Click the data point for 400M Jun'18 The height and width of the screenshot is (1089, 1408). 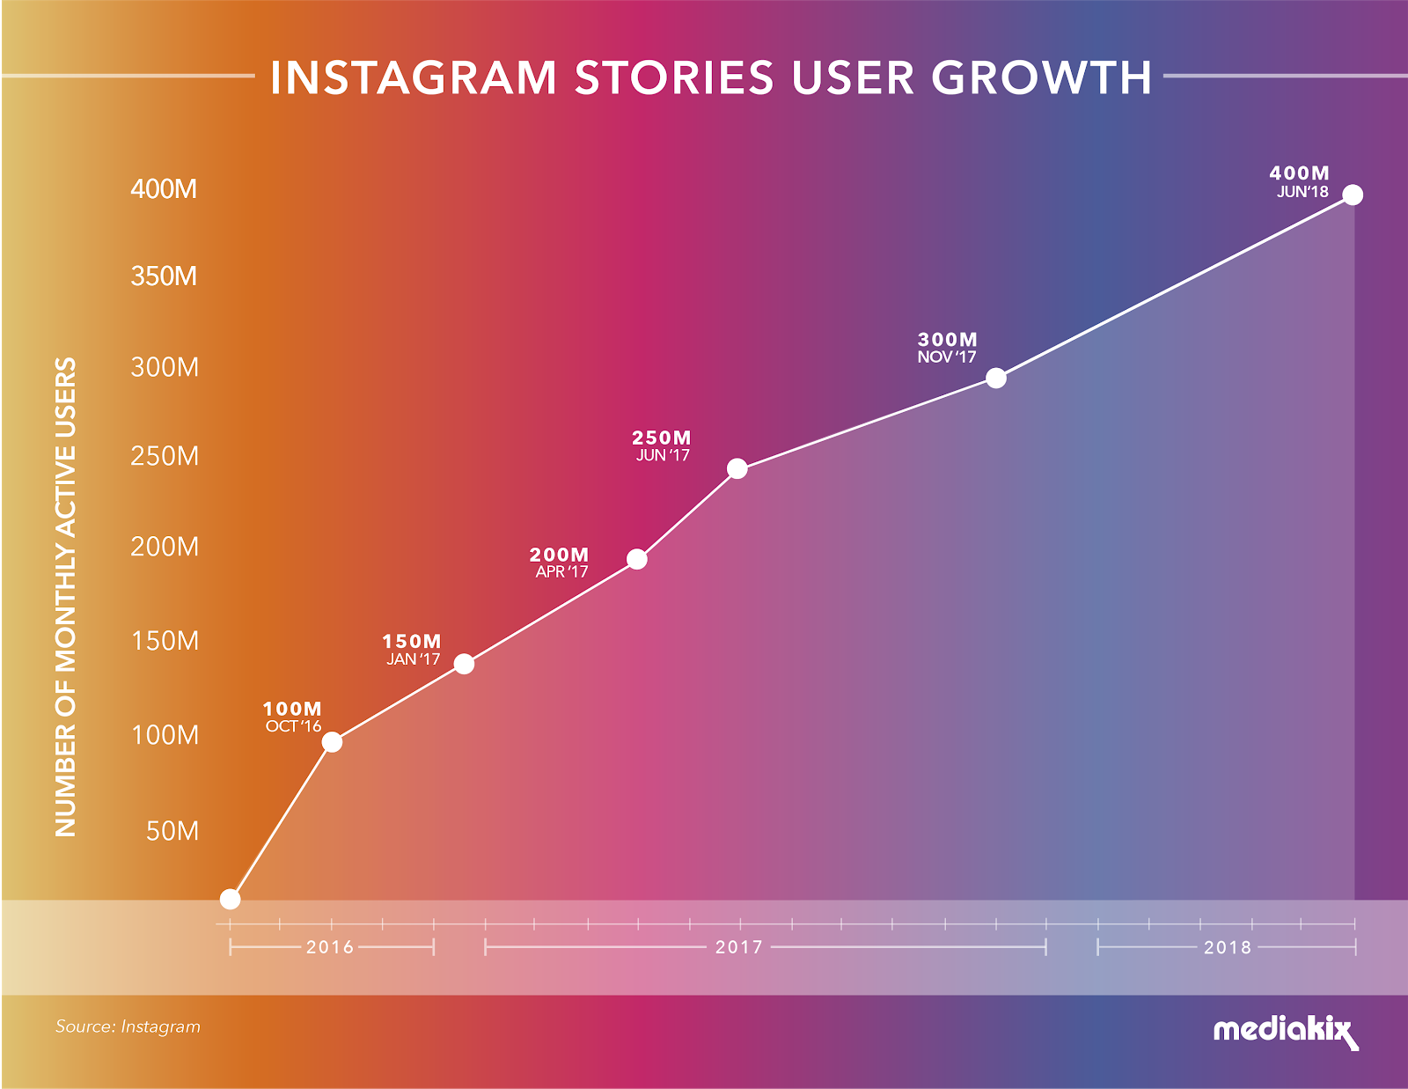pyautogui.click(x=1353, y=195)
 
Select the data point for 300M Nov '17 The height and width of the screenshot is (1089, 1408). pyautogui.click(x=995, y=379)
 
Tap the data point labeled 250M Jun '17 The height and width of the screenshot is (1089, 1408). pyautogui.click(x=737, y=468)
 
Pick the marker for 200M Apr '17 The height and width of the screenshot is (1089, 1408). pyautogui.click(x=637, y=559)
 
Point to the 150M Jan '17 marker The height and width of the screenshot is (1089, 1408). pyautogui.click(x=464, y=664)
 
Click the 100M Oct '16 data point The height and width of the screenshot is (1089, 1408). pyautogui.click(x=332, y=742)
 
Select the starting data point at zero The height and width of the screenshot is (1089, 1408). pyautogui.click(x=230, y=899)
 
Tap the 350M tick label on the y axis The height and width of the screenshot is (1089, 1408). pyautogui.click(x=164, y=276)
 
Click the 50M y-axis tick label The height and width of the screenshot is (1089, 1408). pyautogui.click(x=172, y=831)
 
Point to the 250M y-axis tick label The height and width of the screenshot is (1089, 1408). pyautogui.click(x=165, y=456)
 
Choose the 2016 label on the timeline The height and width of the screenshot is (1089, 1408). pyautogui.click(x=330, y=947)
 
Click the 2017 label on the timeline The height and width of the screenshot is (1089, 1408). pyautogui.click(x=738, y=947)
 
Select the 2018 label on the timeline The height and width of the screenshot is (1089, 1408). pyautogui.click(x=1227, y=947)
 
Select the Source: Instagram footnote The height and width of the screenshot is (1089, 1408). pyautogui.click(x=128, y=1026)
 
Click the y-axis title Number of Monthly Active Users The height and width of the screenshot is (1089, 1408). pyautogui.click(x=66, y=597)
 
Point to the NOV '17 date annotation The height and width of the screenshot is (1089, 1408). pyautogui.click(x=947, y=357)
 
